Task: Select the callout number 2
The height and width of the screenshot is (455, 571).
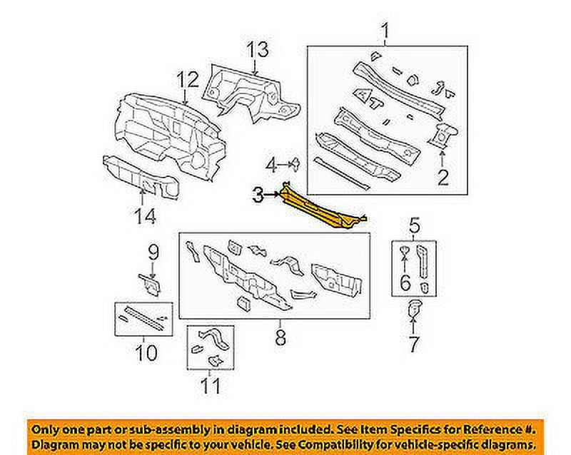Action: tap(443, 175)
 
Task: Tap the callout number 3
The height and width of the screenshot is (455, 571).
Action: tap(259, 193)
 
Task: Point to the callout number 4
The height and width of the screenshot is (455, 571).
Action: tap(272, 166)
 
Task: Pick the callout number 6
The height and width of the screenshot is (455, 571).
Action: tap(405, 282)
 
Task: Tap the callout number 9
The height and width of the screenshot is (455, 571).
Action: tap(152, 251)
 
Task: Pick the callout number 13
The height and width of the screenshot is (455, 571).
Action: tap(257, 50)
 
